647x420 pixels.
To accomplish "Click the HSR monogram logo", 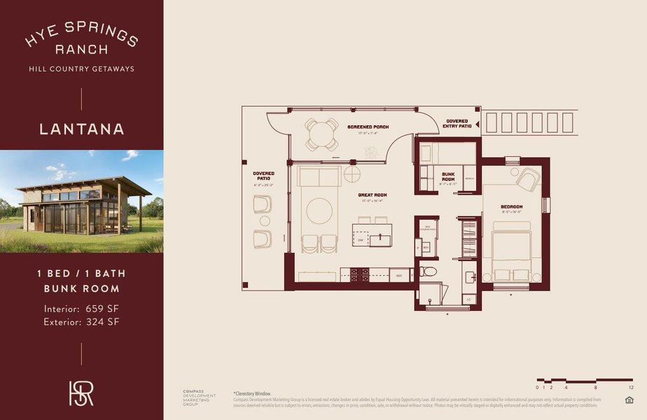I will [81, 393].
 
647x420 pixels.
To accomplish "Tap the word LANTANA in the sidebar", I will [82, 129].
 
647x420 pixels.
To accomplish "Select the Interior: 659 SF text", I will [81, 309].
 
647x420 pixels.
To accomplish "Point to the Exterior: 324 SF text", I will [81, 322].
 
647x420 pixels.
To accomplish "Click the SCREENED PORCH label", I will [368, 127].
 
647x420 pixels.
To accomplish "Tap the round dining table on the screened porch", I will [321, 133].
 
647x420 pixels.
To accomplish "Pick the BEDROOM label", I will [512, 206].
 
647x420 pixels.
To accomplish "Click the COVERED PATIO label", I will [263, 176].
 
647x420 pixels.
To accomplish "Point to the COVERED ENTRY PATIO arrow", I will [477, 124].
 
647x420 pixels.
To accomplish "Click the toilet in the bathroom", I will [429, 272].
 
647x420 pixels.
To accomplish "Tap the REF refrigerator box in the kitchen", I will [400, 275].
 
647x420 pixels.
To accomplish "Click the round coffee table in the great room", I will [321, 210].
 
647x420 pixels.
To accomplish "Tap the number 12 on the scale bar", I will [630, 387].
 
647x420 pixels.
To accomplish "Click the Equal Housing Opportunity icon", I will [628, 400].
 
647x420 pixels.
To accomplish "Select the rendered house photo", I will [81, 201].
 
